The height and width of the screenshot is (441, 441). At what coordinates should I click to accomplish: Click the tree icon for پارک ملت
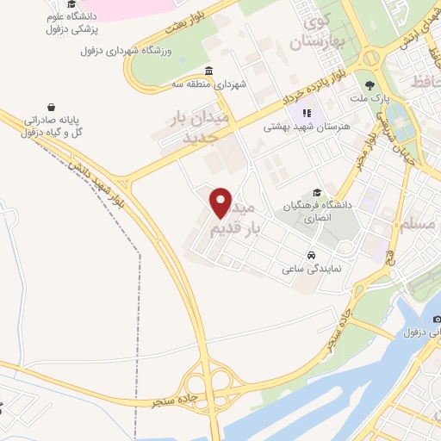pos(371,85)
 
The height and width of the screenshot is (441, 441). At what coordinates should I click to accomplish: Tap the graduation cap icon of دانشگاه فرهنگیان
pos(317,193)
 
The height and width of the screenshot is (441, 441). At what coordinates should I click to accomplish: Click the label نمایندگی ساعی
pos(312,269)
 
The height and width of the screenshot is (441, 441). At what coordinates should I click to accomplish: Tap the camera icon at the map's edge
pos(436,320)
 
